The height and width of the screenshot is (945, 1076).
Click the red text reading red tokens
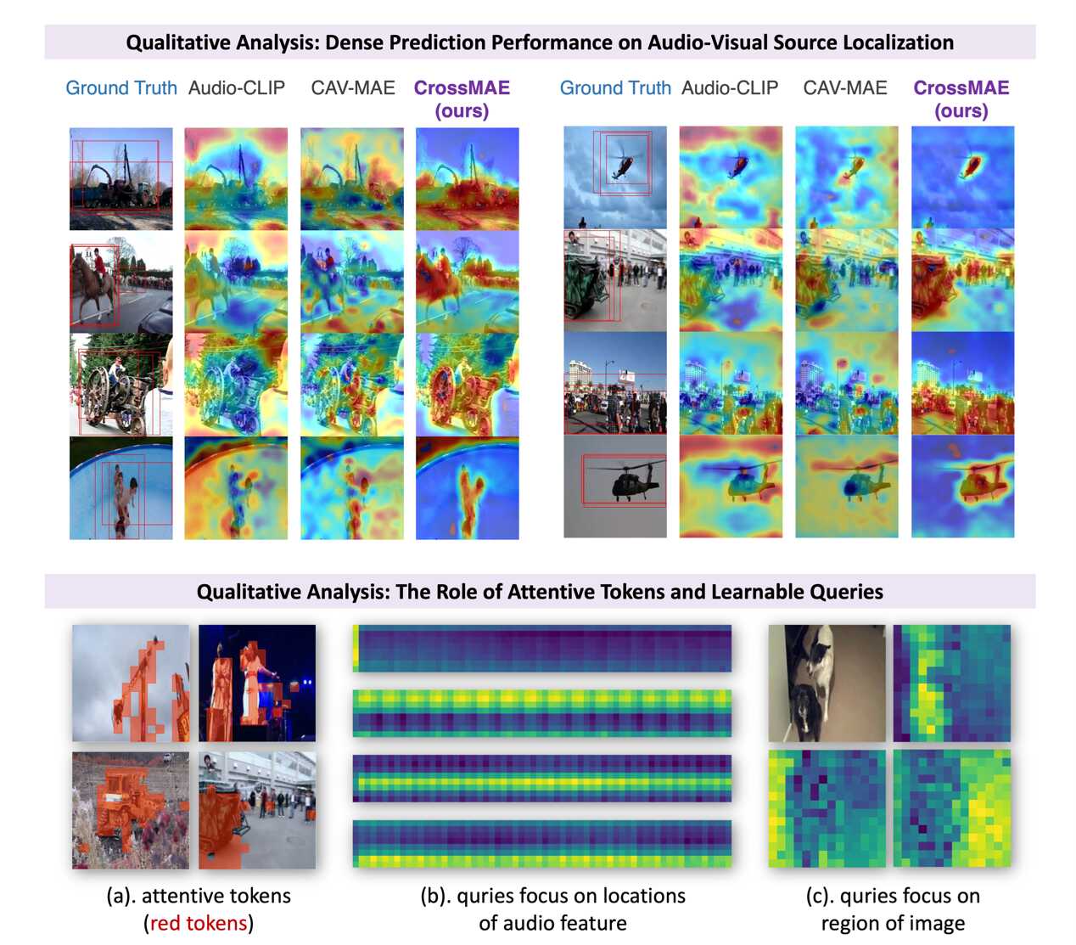[x=199, y=923]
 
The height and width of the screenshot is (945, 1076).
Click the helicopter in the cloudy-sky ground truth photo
[x=625, y=165]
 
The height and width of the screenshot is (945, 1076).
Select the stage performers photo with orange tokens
[x=257, y=683]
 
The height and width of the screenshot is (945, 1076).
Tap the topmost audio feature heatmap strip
[x=541, y=649]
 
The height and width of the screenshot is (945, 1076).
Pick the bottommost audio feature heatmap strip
[x=541, y=843]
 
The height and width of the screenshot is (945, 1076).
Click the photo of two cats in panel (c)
[x=827, y=683]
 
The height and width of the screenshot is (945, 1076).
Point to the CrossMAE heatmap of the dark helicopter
[x=962, y=486]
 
